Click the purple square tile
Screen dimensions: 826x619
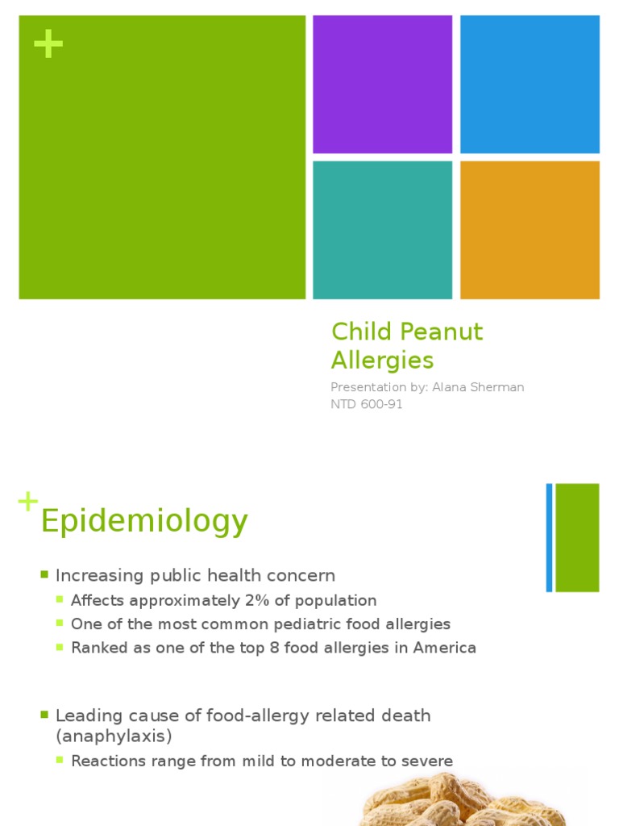[382, 84]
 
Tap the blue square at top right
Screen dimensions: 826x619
[530, 84]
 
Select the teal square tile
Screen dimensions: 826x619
[382, 230]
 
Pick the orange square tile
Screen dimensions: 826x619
[530, 230]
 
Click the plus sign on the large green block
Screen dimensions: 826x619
[48, 45]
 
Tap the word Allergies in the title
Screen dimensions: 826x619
[382, 360]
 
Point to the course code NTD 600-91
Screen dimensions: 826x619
[367, 404]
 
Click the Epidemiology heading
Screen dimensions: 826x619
[144, 522]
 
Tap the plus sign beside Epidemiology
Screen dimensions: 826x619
[27, 502]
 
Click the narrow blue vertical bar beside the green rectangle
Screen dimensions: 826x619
[549, 537]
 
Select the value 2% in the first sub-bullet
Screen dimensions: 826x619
[256, 600]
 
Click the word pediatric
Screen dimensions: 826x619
[305, 624]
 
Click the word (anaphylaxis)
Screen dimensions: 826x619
[114, 736]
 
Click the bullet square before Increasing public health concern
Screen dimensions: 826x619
[45, 575]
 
